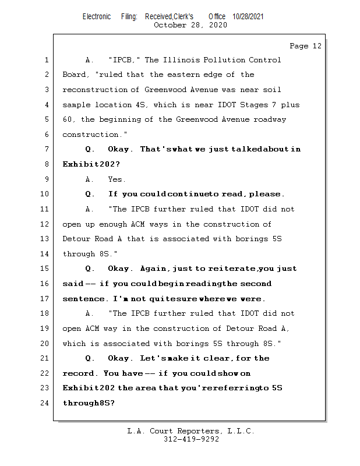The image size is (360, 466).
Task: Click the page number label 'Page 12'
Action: tap(305, 46)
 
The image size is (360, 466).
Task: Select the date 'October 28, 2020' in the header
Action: tap(190, 24)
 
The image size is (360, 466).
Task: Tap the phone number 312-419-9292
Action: tap(191, 439)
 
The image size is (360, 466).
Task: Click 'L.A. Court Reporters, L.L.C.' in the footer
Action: tap(191, 431)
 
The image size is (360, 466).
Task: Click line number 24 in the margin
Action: tap(45, 403)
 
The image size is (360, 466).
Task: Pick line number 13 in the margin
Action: tap(45, 239)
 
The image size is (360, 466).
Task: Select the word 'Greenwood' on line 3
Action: tap(165, 90)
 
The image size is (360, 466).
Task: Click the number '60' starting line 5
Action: tap(67, 119)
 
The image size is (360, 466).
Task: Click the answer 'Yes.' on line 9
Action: tap(117, 179)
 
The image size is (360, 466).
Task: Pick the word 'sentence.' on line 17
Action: tap(86, 299)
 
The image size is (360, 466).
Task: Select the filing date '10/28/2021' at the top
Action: tap(248, 16)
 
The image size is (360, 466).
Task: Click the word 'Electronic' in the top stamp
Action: tap(97, 16)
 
